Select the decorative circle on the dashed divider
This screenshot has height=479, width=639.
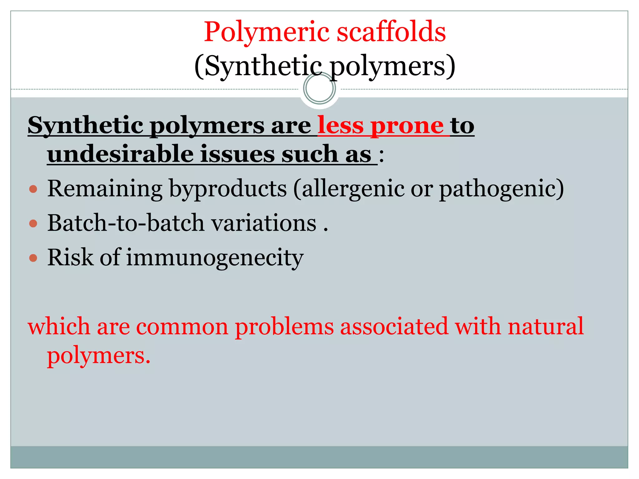tap(319, 88)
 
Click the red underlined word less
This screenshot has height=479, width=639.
tap(340, 125)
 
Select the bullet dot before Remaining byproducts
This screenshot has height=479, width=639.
tap(33, 189)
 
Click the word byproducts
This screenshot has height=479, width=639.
tap(228, 189)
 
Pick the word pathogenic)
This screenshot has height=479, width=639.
tap(501, 189)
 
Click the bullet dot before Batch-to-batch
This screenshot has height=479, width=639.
tap(33, 223)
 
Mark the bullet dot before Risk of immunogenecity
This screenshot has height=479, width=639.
tap(33, 258)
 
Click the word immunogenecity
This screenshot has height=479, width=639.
tap(215, 258)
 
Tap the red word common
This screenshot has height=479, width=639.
tap(182, 327)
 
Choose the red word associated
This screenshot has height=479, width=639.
tap(394, 327)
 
